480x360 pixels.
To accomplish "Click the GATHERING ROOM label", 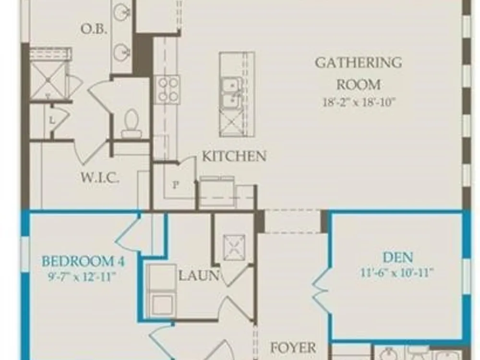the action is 359,73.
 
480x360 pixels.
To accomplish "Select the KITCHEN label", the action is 234,156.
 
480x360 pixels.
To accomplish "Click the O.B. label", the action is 94,29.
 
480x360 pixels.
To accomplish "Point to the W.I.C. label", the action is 100,178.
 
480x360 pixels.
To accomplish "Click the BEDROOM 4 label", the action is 83,262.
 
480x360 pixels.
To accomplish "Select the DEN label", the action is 397,257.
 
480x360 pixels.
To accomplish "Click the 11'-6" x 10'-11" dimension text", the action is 397,272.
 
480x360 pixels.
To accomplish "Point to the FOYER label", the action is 293,348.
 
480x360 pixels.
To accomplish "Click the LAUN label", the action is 199,276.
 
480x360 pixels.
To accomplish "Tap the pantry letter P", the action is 175,185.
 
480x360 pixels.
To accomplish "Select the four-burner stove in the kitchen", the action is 167,90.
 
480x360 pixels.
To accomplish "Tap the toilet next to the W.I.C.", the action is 132,124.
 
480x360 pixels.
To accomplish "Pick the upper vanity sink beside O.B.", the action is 122,12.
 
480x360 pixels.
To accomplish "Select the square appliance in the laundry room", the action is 235,247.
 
